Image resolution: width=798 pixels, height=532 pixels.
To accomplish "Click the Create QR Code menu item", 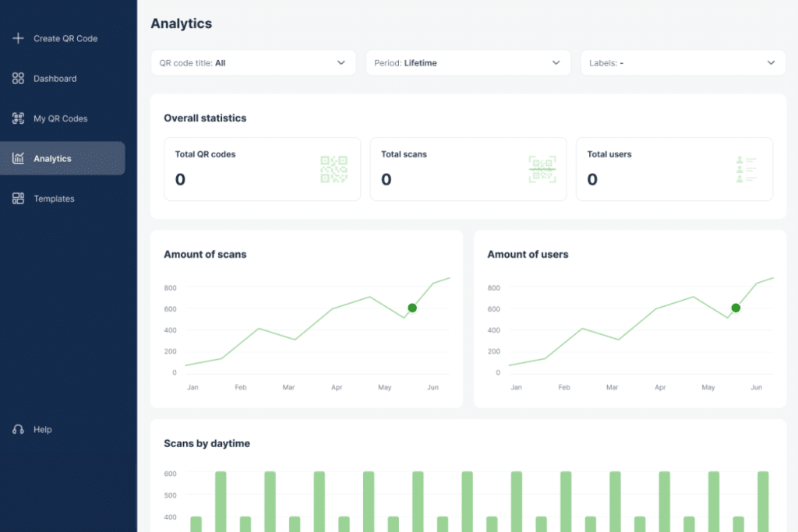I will (65, 38).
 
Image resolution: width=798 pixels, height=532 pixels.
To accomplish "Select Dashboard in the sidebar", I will (55, 79).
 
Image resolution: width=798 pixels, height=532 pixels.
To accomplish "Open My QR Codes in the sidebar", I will (60, 118).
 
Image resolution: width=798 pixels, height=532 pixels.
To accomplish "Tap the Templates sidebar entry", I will (54, 199).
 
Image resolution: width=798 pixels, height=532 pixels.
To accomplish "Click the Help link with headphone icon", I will (42, 429).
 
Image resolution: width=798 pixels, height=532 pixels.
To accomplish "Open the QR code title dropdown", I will (252, 63).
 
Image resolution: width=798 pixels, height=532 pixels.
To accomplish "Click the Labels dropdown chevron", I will (771, 63).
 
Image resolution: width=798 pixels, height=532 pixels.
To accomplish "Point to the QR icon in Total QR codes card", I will (334, 169).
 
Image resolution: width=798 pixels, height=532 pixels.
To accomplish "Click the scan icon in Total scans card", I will (542, 169).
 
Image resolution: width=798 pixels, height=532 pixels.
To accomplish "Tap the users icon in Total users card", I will (746, 169).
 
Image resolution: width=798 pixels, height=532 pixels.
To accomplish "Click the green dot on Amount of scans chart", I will (412, 308).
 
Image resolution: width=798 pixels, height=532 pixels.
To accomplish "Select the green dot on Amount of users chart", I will (736, 308).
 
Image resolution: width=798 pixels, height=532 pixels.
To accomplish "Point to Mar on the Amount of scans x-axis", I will (288, 387).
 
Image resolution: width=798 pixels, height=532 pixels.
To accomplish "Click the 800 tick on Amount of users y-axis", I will (493, 287).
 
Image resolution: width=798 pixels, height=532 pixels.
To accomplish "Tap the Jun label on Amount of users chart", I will (756, 387).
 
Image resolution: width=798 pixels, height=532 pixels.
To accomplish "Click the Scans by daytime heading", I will (207, 443).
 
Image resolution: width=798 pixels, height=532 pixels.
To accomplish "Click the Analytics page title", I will (181, 23).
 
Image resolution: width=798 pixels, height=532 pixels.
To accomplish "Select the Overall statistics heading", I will (205, 118).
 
